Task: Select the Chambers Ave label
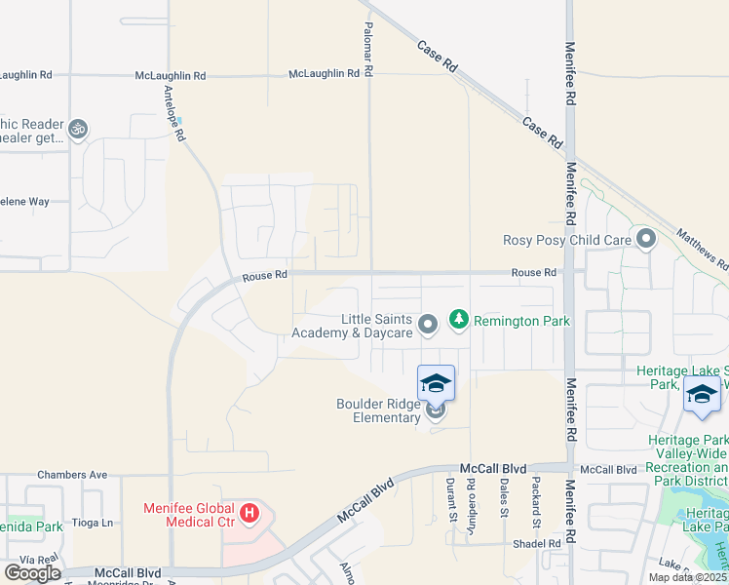coord(72,475)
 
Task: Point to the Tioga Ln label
coord(95,523)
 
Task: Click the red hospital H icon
coord(250,511)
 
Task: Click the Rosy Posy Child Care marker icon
coord(645,238)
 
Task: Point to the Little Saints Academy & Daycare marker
coord(426,324)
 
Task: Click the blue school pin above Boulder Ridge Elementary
coord(436,383)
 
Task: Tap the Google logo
coord(32,572)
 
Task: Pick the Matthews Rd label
coord(702,249)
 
